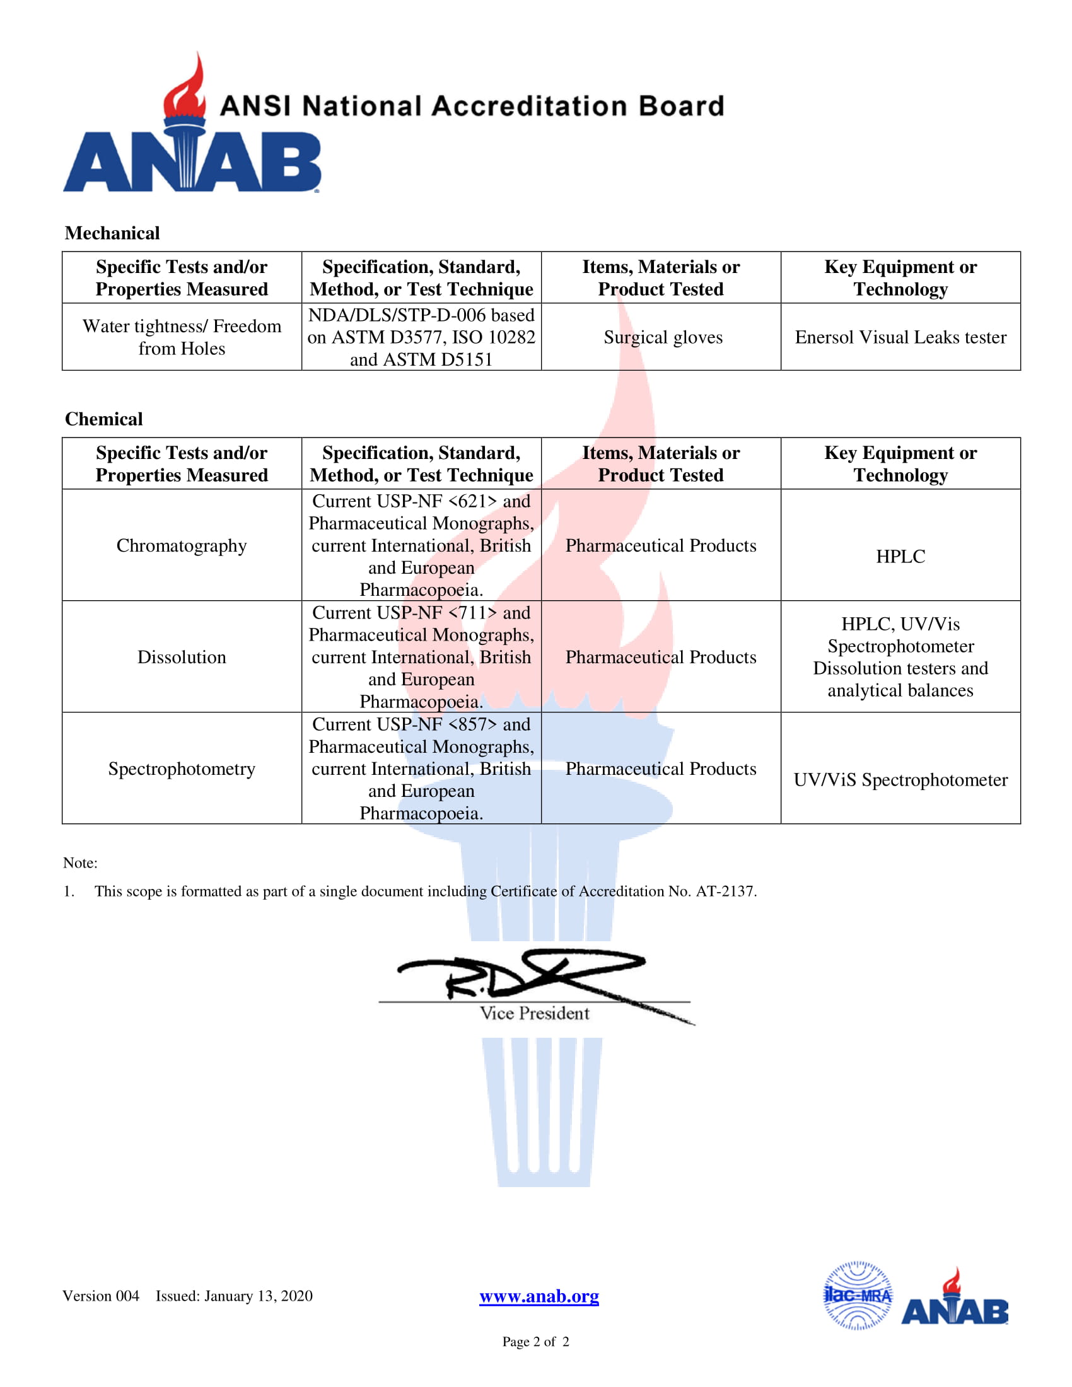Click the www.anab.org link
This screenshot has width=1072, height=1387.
pos(539,1296)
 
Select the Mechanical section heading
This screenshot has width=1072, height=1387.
pos(112,233)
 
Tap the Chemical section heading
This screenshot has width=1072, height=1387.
pos(103,419)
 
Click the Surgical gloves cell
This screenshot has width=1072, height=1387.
pos(662,337)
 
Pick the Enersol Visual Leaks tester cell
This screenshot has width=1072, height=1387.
pos(900,337)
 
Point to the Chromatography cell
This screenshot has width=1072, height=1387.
pos(182,545)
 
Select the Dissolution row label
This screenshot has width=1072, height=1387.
pos(182,658)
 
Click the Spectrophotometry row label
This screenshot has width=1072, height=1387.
pos(182,769)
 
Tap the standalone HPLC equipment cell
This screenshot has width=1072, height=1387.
pos(900,556)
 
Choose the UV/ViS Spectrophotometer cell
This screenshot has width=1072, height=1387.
pos(900,780)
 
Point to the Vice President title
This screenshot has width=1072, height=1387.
pos(534,1014)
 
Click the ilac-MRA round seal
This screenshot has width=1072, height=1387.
pos(858,1296)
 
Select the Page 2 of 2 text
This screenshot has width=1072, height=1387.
pos(535,1341)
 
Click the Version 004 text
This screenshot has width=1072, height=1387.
pos(100,1296)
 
